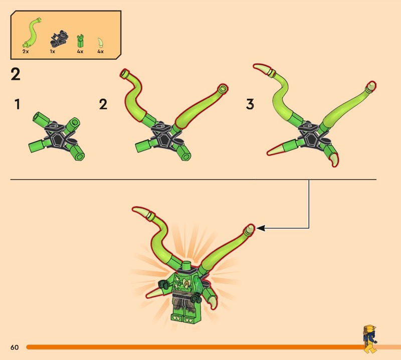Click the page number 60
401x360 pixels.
click(15, 347)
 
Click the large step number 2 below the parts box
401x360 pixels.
click(16, 74)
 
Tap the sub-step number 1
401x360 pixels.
click(17, 104)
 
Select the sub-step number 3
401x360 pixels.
click(250, 104)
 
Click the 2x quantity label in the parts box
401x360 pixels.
click(26, 52)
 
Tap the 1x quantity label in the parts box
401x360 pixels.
click(53, 52)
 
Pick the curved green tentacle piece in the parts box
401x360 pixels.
click(32, 33)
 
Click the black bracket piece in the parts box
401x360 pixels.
click(59, 38)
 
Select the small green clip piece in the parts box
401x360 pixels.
click(80, 41)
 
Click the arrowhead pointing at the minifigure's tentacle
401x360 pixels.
click(260, 228)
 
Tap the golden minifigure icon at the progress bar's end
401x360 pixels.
click(370, 339)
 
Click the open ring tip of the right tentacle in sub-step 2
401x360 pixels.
click(223, 88)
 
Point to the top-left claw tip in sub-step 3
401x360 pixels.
click(255, 66)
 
